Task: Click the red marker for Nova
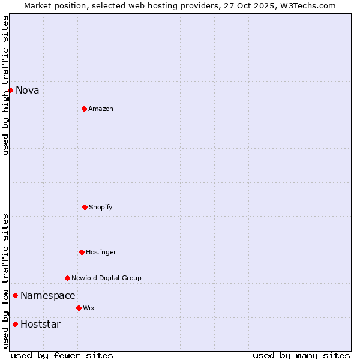pos(10,90)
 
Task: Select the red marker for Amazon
pos(84,109)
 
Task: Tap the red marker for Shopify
pos(85,207)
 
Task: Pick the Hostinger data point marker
pos(82,252)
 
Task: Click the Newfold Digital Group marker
pos(67,278)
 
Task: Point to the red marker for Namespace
pos(15,295)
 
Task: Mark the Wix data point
pos(79,308)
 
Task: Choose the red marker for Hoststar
pos(15,324)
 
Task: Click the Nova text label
pos(28,90)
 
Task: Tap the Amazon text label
pos(101,109)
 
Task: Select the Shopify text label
pos(101,207)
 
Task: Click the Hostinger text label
pos(101,252)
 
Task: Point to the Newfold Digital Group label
pos(106,278)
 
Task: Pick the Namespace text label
pos(48,295)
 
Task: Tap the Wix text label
pos(89,308)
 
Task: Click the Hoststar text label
pos(41,324)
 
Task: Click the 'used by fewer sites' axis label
pos(62,355)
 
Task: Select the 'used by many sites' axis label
pos(301,355)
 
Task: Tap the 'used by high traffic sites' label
pos(5,85)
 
